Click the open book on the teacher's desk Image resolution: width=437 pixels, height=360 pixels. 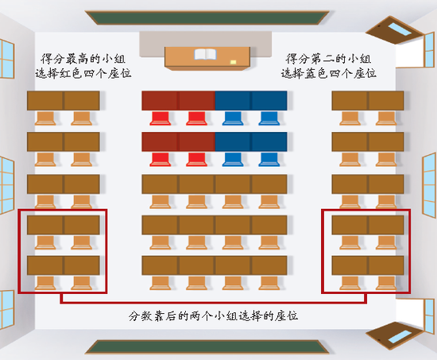click(206, 56)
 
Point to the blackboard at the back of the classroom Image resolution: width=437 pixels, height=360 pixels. click(218, 347)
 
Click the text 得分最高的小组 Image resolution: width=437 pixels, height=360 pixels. click(83, 60)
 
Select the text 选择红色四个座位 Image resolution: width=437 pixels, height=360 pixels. click(83, 74)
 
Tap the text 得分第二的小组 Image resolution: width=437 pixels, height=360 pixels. click(329, 60)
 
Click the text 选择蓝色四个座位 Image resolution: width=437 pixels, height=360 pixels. click(329, 74)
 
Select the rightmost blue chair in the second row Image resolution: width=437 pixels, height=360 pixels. click(269, 160)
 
